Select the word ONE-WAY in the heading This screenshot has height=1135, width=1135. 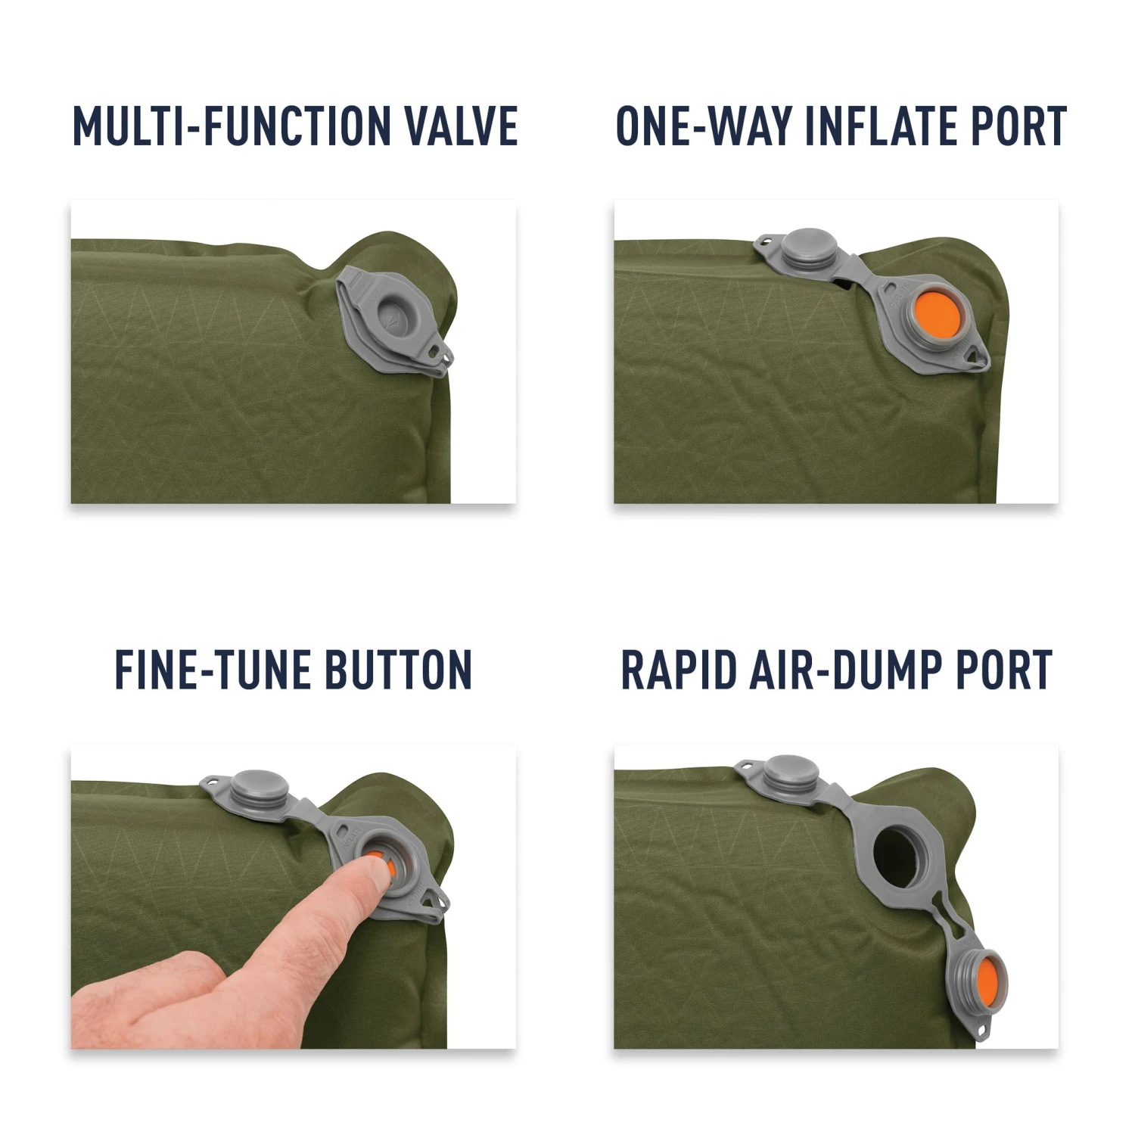[x=703, y=126]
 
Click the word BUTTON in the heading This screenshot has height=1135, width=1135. [x=398, y=670]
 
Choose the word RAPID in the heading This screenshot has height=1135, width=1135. [x=678, y=670]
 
